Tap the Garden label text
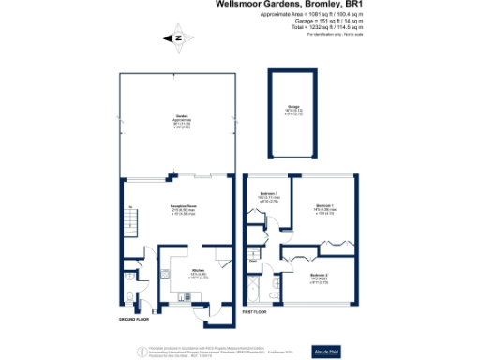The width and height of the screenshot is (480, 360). (170, 117)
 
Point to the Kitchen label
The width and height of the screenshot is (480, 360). (187, 246)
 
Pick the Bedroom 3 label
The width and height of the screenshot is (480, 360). (267, 196)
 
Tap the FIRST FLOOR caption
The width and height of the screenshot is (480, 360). (257, 309)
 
